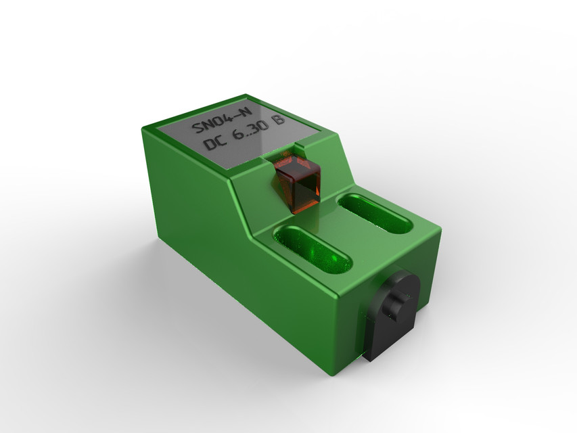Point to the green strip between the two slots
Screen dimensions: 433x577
(344, 230)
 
